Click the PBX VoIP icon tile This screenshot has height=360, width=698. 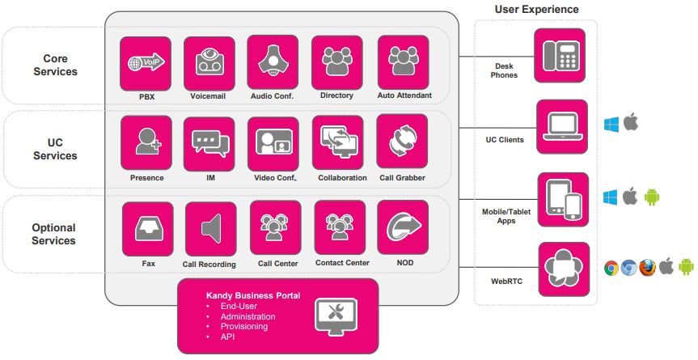[146, 64]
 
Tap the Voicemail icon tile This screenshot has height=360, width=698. [209, 64]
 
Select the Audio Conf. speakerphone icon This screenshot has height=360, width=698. [273, 61]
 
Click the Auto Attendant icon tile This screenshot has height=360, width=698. [404, 62]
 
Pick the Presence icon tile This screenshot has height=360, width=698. [146, 143]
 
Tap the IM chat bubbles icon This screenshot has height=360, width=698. [210, 143]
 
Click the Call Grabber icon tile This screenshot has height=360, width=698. [402, 141]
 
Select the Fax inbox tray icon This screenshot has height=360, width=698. [149, 229]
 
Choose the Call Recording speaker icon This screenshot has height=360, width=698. [211, 229]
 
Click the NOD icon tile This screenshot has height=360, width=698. [403, 227]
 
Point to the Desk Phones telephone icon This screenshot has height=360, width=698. [560, 55]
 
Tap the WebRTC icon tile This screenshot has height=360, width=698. [564, 269]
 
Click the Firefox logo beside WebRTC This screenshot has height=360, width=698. [647, 267]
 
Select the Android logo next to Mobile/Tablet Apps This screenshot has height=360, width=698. [651, 197]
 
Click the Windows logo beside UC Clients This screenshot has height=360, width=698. [611, 125]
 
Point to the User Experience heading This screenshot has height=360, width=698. [536, 10]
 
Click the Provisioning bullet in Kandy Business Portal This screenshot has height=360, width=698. [244, 327]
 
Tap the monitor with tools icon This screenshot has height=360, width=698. [336, 317]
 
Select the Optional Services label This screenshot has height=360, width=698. [54, 234]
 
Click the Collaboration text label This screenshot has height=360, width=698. [342, 177]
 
